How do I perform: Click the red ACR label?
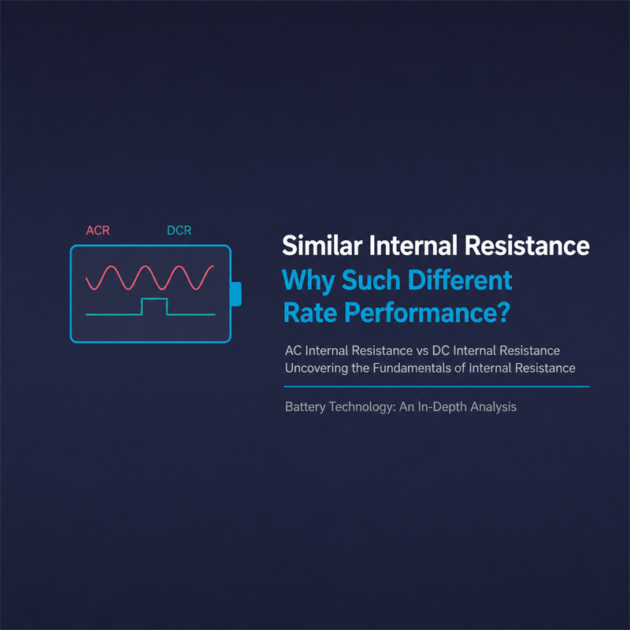tap(98, 230)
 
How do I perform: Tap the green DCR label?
tap(180, 230)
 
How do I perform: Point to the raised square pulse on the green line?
tap(154, 306)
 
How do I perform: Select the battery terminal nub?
tap(236, 294)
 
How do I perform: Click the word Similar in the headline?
tap(322, 246)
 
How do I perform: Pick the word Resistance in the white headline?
tap(527, 246)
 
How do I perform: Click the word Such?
tap(371, 280)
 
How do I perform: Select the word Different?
tap(460, 280)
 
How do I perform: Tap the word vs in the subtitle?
tap(422, 351)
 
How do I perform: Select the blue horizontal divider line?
tap(437, 387)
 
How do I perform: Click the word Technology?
tap(362, 407)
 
